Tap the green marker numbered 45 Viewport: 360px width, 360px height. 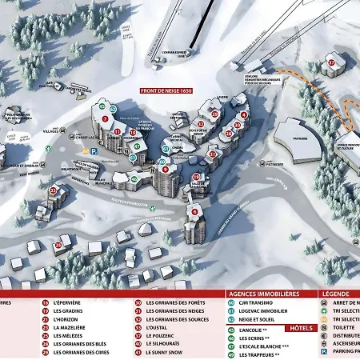pos(102,106)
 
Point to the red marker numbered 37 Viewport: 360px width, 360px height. pos(330,62)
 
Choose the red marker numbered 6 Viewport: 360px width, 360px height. pos(194,211)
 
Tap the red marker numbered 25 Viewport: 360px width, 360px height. pos(58,245)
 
